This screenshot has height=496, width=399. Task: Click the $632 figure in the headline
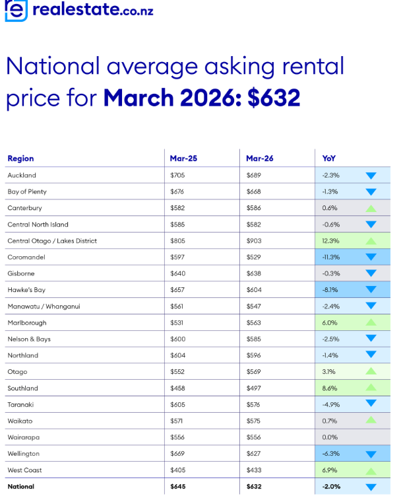(274, 98)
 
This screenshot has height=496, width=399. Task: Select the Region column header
(20, 159)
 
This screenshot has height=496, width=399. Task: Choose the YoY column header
(328, 159)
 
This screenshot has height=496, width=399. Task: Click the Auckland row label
(22, 175)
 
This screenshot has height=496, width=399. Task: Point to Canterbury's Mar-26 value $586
(254, 208)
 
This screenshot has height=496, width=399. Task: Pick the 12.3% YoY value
(331, 241)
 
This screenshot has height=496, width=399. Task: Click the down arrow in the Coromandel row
(370, 258)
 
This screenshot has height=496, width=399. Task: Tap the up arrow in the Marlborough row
(370, 322)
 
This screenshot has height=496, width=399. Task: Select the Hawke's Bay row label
(26, 290)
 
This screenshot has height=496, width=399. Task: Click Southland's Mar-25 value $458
(177, 388)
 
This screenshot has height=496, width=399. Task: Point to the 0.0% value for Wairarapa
(330, 437)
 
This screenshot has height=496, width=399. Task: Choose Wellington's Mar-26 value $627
(254, 454)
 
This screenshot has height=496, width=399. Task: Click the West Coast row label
(25, 470)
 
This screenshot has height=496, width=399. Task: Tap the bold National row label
(21, 487)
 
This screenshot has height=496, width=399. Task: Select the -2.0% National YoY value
(331, 487)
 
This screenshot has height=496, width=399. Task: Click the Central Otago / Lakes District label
(52, 241)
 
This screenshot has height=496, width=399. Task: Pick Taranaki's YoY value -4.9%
(331, 405)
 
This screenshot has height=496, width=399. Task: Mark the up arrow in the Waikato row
(370, 421)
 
